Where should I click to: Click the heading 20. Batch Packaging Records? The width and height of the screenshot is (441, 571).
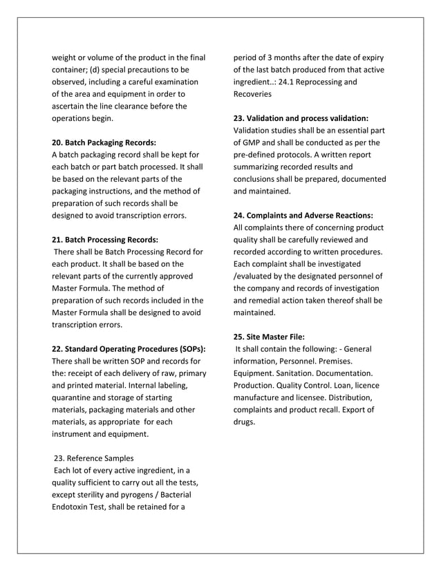point(104,142)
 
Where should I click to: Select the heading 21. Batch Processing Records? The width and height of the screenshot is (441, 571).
point(105,239)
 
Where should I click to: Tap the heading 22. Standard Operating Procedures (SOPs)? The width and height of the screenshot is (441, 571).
point(129,348)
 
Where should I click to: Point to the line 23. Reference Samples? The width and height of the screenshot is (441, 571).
point(94,458)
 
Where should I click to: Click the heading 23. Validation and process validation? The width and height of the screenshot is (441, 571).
point(301,118)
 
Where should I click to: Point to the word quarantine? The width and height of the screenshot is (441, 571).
point(75,397)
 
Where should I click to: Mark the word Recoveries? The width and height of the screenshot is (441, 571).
point(253,94)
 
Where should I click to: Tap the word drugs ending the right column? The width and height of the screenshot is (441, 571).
point(245,422)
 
